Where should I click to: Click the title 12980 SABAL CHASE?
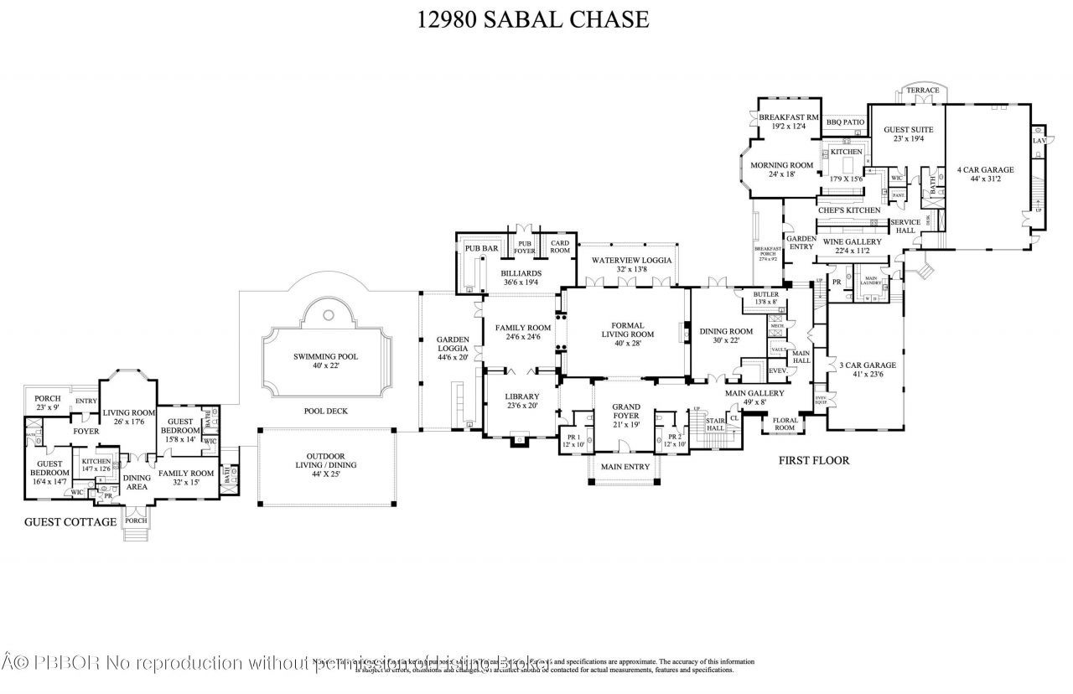(x=533, y=19)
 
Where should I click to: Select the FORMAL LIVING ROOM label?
(x=627, y=329)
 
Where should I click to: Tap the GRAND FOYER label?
(x=627, y=411)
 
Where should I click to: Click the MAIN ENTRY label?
(x=625, y=467)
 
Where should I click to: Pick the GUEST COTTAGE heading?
(x=70, y=521)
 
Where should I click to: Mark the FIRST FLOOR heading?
(x=814, y=460)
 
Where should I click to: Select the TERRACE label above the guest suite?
(x=922, y=91)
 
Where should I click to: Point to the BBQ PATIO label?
(x=845, y=122)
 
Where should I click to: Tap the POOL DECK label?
(x=325, y=411)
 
